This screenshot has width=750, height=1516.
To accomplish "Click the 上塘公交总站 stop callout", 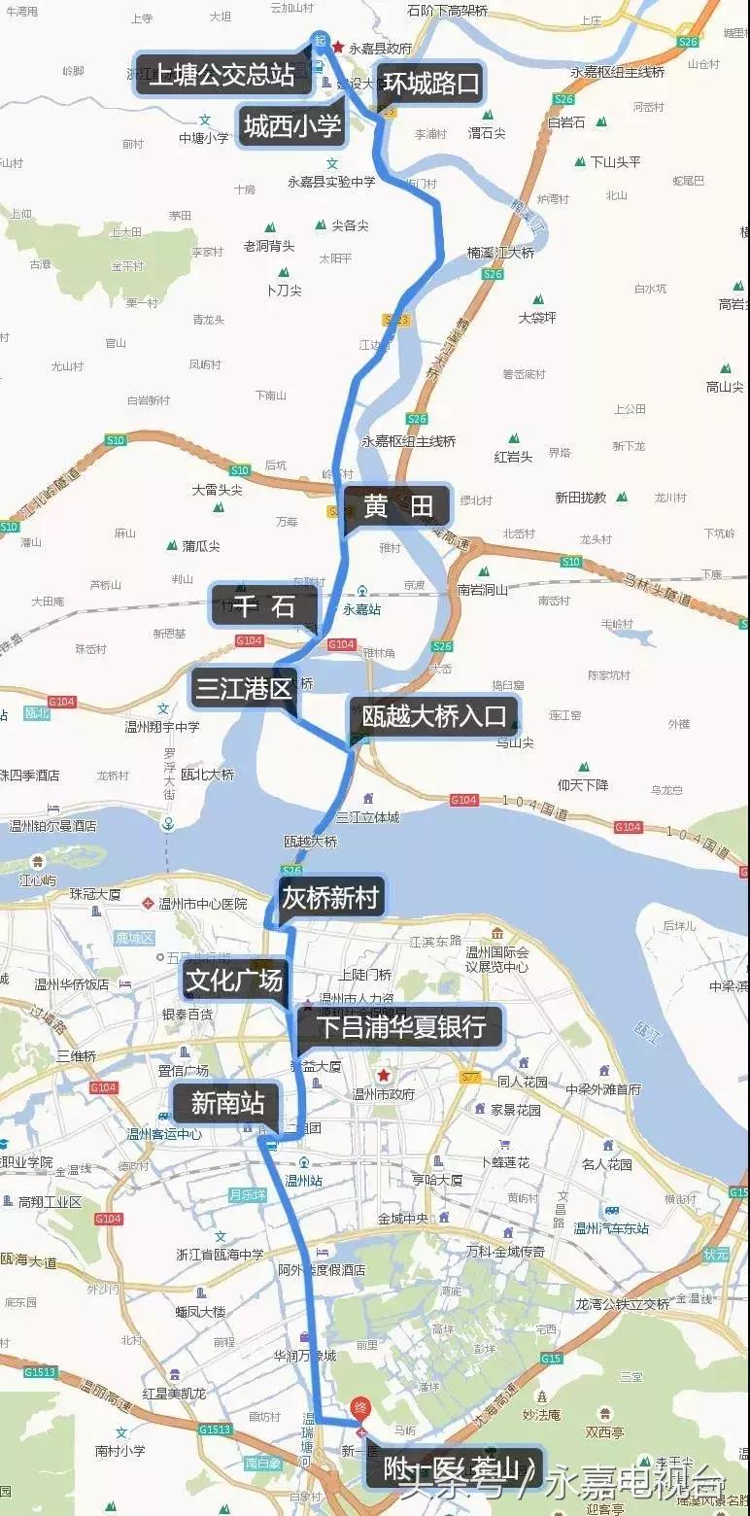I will pyautogui.click(x=222, y=74).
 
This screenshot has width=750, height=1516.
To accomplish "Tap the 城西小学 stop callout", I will pyautogui.click(x=291, y=125).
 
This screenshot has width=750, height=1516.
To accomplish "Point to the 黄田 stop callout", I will pyautogui.click(x=397, y=506).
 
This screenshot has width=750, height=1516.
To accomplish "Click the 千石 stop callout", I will pyautogui.click(x=263, y=606).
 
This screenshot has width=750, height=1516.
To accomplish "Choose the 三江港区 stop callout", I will pyautogui.click(x=243, y=689).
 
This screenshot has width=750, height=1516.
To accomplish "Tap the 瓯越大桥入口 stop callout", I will pyautogui.click(x=434, y=717).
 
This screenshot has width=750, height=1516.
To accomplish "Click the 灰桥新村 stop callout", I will pyautogui.click(x=329, y=897).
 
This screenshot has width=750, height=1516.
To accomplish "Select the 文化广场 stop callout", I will pyautogui.click(x=234, y=981).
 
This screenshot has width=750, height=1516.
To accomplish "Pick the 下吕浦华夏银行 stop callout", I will pyautogui.click(x=403, y=1026).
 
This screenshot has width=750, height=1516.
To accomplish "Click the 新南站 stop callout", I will pyautogui.click(x=227, y=1103).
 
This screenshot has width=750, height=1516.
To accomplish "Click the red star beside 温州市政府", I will pyautogui.click(x=384, y=1075).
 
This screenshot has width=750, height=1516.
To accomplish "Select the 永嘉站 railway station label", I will pyautogui.click(x=361, y=609).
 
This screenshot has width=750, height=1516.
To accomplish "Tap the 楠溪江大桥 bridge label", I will pyautogui.click(x=500, y=253).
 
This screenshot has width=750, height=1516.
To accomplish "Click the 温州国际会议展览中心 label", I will pyautogui.click(x=496, y=960).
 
